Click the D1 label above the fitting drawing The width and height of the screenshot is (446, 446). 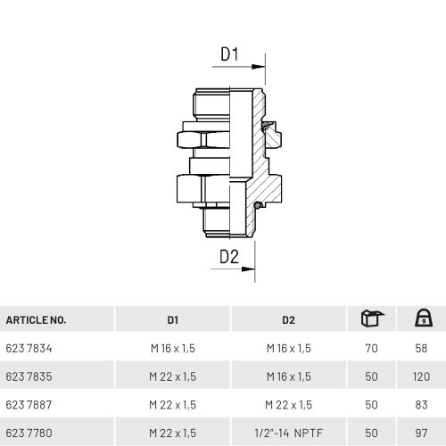tap(229, 54)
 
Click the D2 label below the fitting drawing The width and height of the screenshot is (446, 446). tap(229, 257)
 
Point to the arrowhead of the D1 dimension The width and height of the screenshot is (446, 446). tap(258, 67)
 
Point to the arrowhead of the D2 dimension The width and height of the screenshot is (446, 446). tap(248, 269)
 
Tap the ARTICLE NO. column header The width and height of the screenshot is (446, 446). tap(36, 320)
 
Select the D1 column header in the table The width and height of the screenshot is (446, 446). tap(173, 320)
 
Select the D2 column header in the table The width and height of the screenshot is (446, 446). tap(288, 320)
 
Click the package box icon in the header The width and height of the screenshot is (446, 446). tap(372, 318)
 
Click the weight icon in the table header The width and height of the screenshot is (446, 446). tap(424, 318)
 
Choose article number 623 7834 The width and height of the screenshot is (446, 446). tap(29, 348)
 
